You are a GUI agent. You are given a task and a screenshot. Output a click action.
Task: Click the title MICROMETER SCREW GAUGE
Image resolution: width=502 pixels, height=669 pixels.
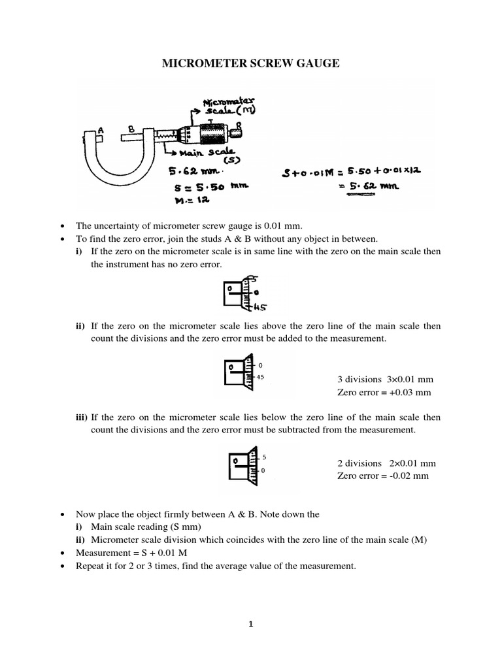[251, 63]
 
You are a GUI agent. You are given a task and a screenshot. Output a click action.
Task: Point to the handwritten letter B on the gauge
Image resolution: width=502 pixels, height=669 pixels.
[131, 129]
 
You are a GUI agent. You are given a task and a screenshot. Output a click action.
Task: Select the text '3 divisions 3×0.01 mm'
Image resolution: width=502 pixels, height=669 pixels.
[385, 380]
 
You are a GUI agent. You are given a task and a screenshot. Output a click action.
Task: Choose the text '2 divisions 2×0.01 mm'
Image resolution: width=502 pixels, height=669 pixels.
[386, 463]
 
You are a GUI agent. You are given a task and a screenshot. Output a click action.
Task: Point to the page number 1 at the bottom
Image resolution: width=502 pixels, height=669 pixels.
[250, 624]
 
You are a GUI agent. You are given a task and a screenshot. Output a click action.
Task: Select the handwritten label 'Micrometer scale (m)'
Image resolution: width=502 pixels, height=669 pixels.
[222, 106]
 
